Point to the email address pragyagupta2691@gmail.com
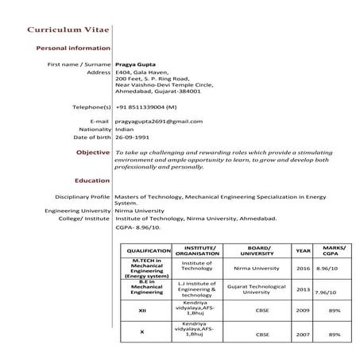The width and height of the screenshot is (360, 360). (x=159, y=121)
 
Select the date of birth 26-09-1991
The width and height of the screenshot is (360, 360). (x=133, y=137)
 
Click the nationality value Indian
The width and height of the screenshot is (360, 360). (x=125, y=129)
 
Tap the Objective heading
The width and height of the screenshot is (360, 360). (x=93, y=152)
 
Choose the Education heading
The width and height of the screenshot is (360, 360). (x=91, y=180)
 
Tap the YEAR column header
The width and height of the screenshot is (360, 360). (x=303, y=251)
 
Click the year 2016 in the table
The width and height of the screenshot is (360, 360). (x=303, y=269)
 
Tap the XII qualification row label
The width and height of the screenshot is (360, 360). (x=142, y=310)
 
